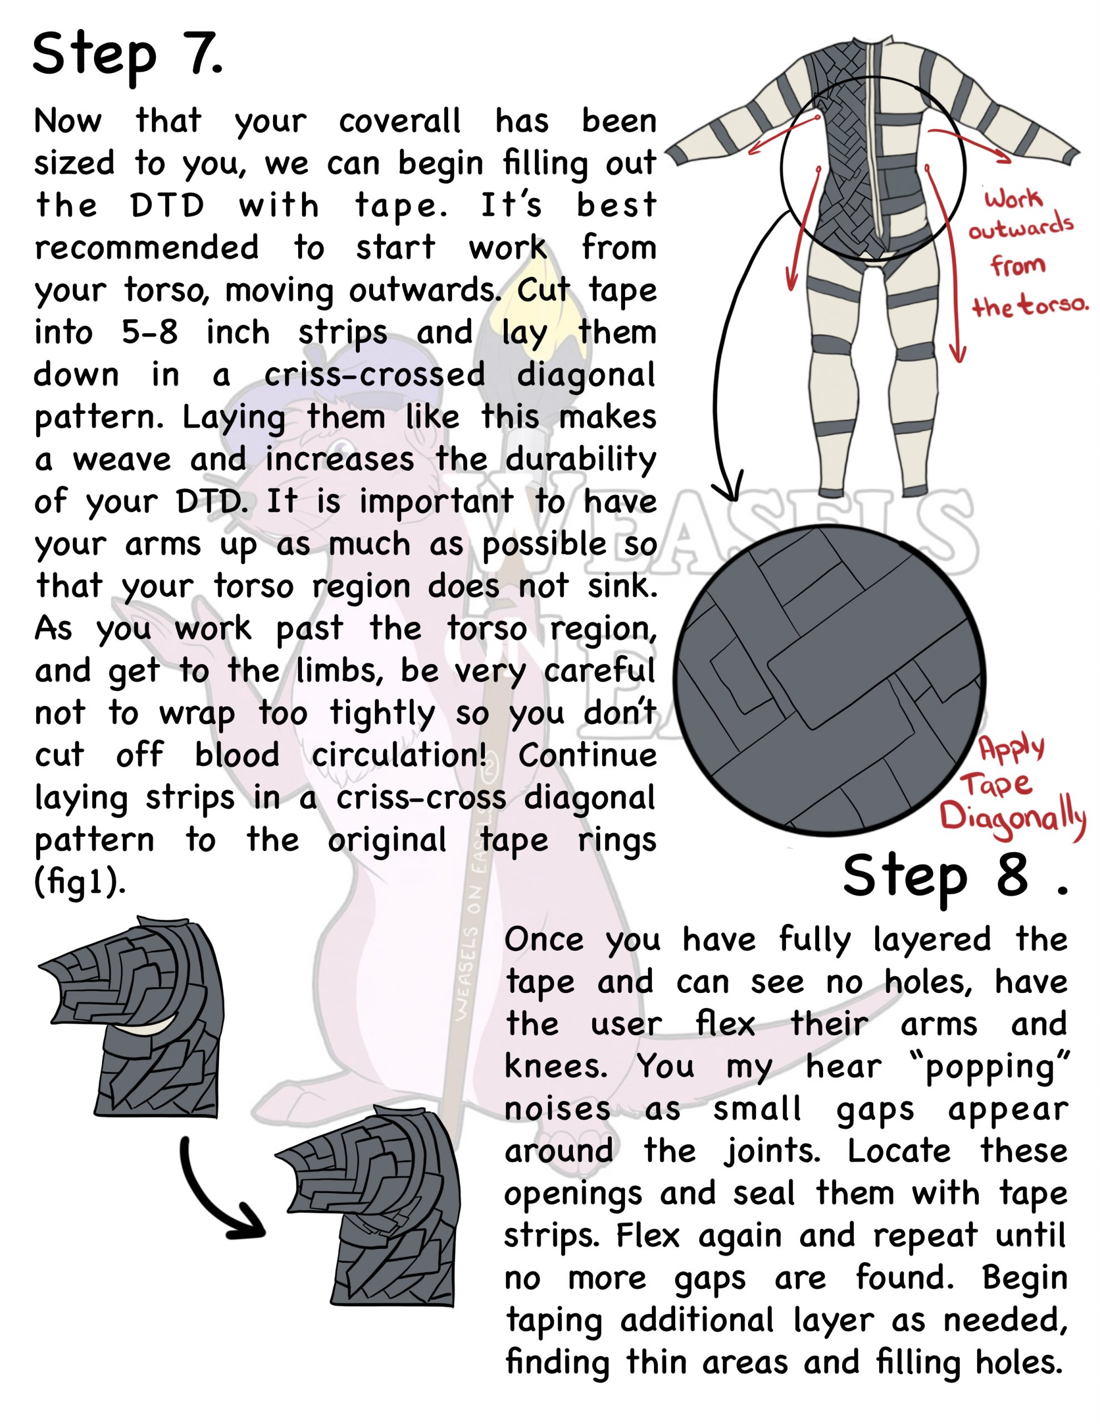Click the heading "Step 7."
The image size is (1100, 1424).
(x=127, y=56)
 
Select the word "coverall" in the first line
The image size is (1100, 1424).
(x=399, y=121)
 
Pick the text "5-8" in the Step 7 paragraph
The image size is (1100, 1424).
(x=150, y=333)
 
